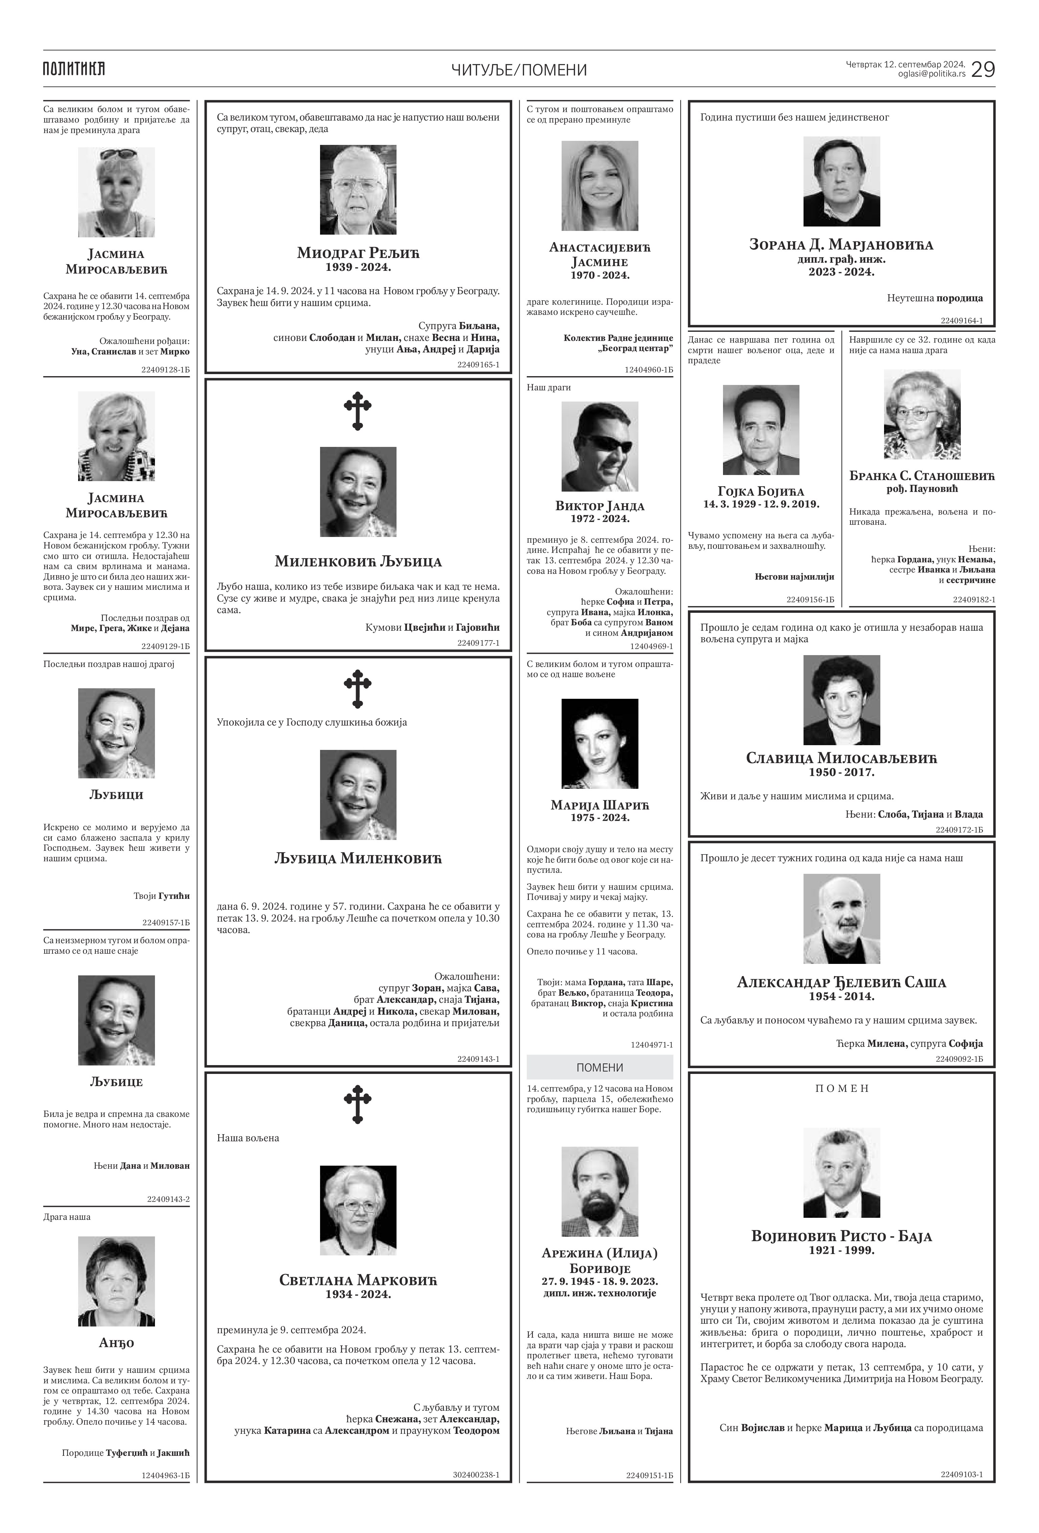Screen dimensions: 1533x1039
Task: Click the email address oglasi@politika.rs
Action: point(931,74)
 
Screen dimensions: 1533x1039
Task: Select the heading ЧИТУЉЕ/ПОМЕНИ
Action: point(519,70)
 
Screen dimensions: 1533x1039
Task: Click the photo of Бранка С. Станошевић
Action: point(922,414)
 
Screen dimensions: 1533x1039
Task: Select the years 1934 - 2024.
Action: point(358,1294)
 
